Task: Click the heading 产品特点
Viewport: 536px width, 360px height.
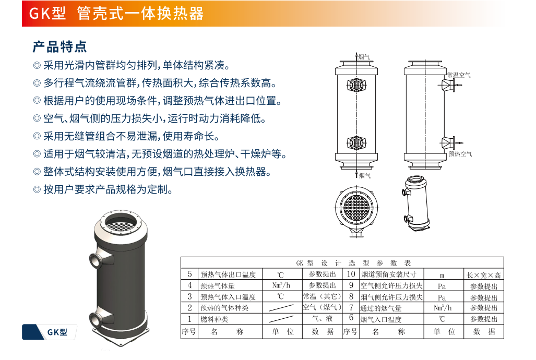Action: [x=60, y=47]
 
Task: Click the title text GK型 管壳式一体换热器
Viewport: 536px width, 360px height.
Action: [x=116, y=14]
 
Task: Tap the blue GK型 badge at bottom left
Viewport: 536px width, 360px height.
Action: [x=49, y=332]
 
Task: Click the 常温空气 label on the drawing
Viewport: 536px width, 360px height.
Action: [x=459, y=75]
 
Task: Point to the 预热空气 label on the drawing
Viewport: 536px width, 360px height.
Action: [x=460, y=154]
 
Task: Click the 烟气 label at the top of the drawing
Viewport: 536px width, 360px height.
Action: [x=364, y=57]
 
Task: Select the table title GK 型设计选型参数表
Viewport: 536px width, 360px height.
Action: [x=353, y=263]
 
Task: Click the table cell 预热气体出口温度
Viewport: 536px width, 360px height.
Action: [x=228, y=274]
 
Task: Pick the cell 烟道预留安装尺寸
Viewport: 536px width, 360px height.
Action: [x=389, y=274]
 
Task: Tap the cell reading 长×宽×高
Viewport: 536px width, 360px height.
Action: [x=484, y=275]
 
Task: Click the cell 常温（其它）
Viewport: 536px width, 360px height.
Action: [x=322, y=296]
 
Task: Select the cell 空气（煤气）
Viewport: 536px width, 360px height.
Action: [x=322, y=307]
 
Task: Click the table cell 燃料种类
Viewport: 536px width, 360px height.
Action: [x=215, y=319]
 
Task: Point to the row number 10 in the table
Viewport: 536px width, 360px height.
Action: [x=351, y=274]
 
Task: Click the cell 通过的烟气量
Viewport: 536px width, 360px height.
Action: [x=381, y=308]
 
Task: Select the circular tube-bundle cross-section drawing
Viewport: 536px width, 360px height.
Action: [x=356, y=208]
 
